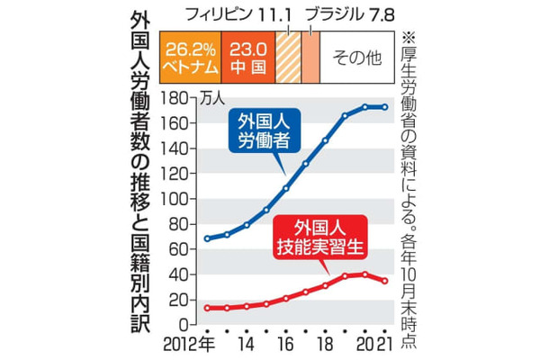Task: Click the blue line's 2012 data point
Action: [x=207, y=238]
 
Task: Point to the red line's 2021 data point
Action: [x=385, y=281]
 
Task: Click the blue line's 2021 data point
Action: [x=385, y=107]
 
